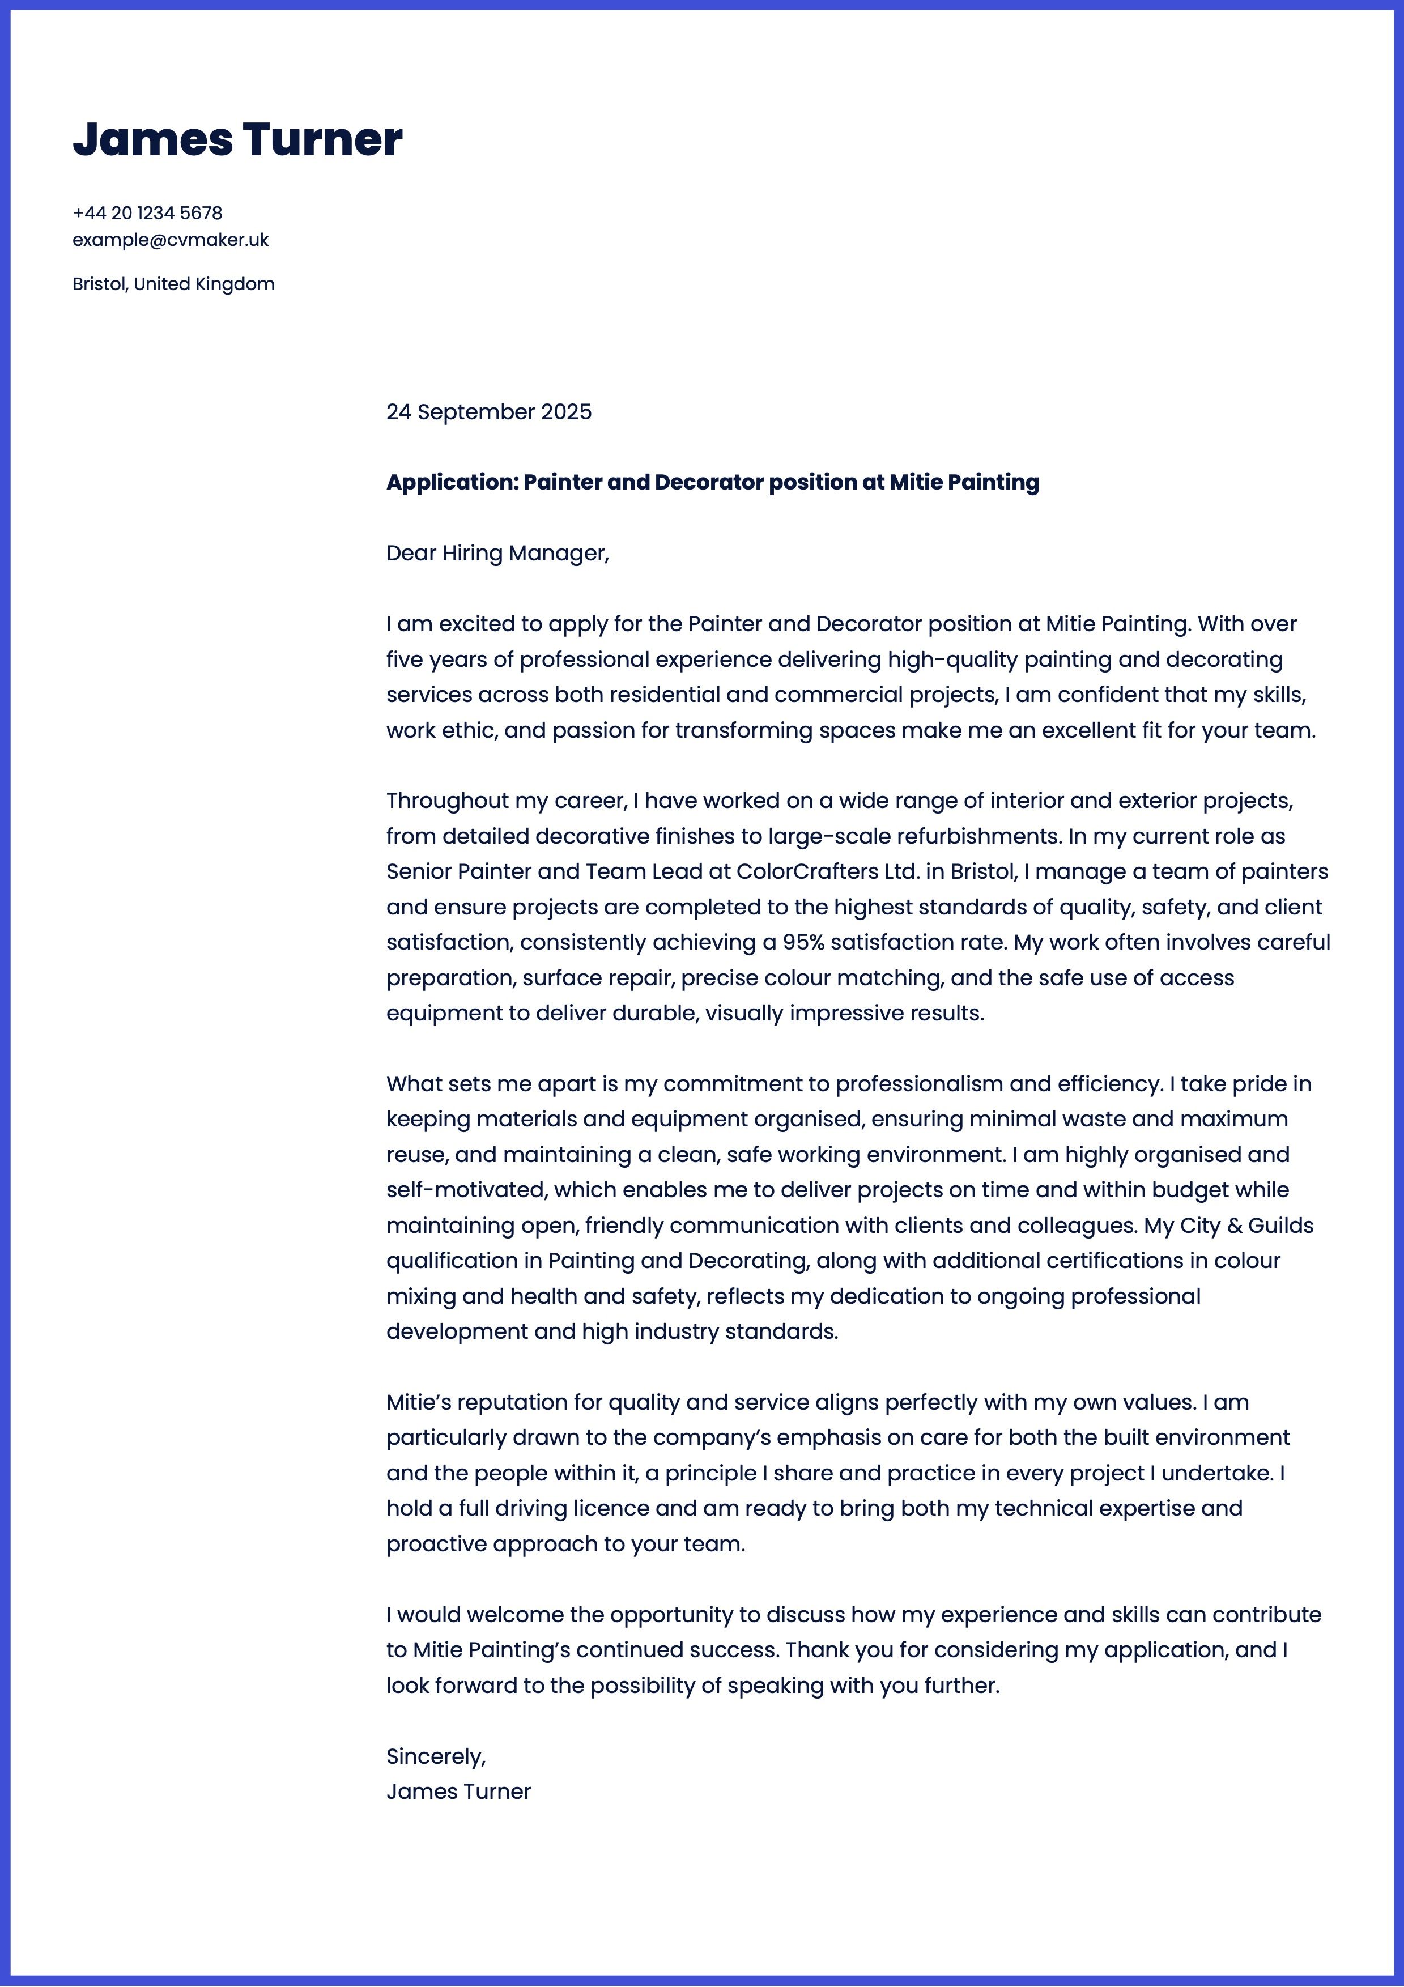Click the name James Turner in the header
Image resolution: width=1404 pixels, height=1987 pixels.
(237, 139)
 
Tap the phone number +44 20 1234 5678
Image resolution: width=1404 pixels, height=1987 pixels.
(147, 213)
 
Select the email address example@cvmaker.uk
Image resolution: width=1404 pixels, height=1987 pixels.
(171, 240)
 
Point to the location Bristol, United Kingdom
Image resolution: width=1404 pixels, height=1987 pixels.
(173, 284)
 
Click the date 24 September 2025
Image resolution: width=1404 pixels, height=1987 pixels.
(489, 412)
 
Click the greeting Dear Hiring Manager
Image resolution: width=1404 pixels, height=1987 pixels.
(497, 553)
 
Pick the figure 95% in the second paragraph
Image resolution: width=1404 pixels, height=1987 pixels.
(803, 942)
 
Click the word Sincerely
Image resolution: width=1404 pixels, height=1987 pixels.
(435, 1756)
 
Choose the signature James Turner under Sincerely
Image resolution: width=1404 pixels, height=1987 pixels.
(459, 1792)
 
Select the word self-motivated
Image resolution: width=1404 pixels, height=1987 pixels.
(466, 1190)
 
